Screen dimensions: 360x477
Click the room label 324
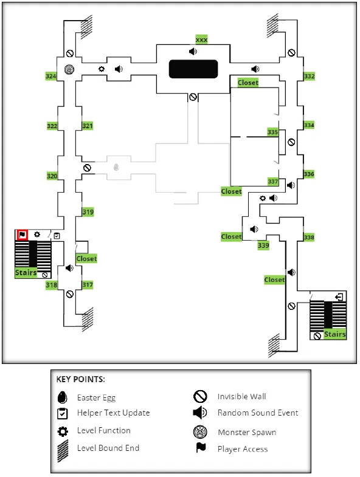51,76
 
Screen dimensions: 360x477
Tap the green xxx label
201,39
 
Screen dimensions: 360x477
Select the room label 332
309,76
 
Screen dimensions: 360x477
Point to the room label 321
88,126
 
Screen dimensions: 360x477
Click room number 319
88,212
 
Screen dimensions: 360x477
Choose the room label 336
309,174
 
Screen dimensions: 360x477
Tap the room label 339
263,245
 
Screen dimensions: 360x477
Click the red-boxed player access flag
22,235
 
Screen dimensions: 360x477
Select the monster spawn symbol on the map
69,70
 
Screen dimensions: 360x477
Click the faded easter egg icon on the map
116,167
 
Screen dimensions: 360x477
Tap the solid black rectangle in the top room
193,69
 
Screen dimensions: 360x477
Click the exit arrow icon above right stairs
339,297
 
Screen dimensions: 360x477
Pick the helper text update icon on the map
57,236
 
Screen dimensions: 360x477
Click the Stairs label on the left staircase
26,273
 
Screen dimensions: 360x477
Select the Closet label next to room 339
232,236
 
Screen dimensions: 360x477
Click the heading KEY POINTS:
81,379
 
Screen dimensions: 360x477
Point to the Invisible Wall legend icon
200,396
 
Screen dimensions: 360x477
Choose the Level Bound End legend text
108,448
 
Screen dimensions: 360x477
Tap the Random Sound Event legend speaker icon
200,413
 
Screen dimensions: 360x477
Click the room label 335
273,132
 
